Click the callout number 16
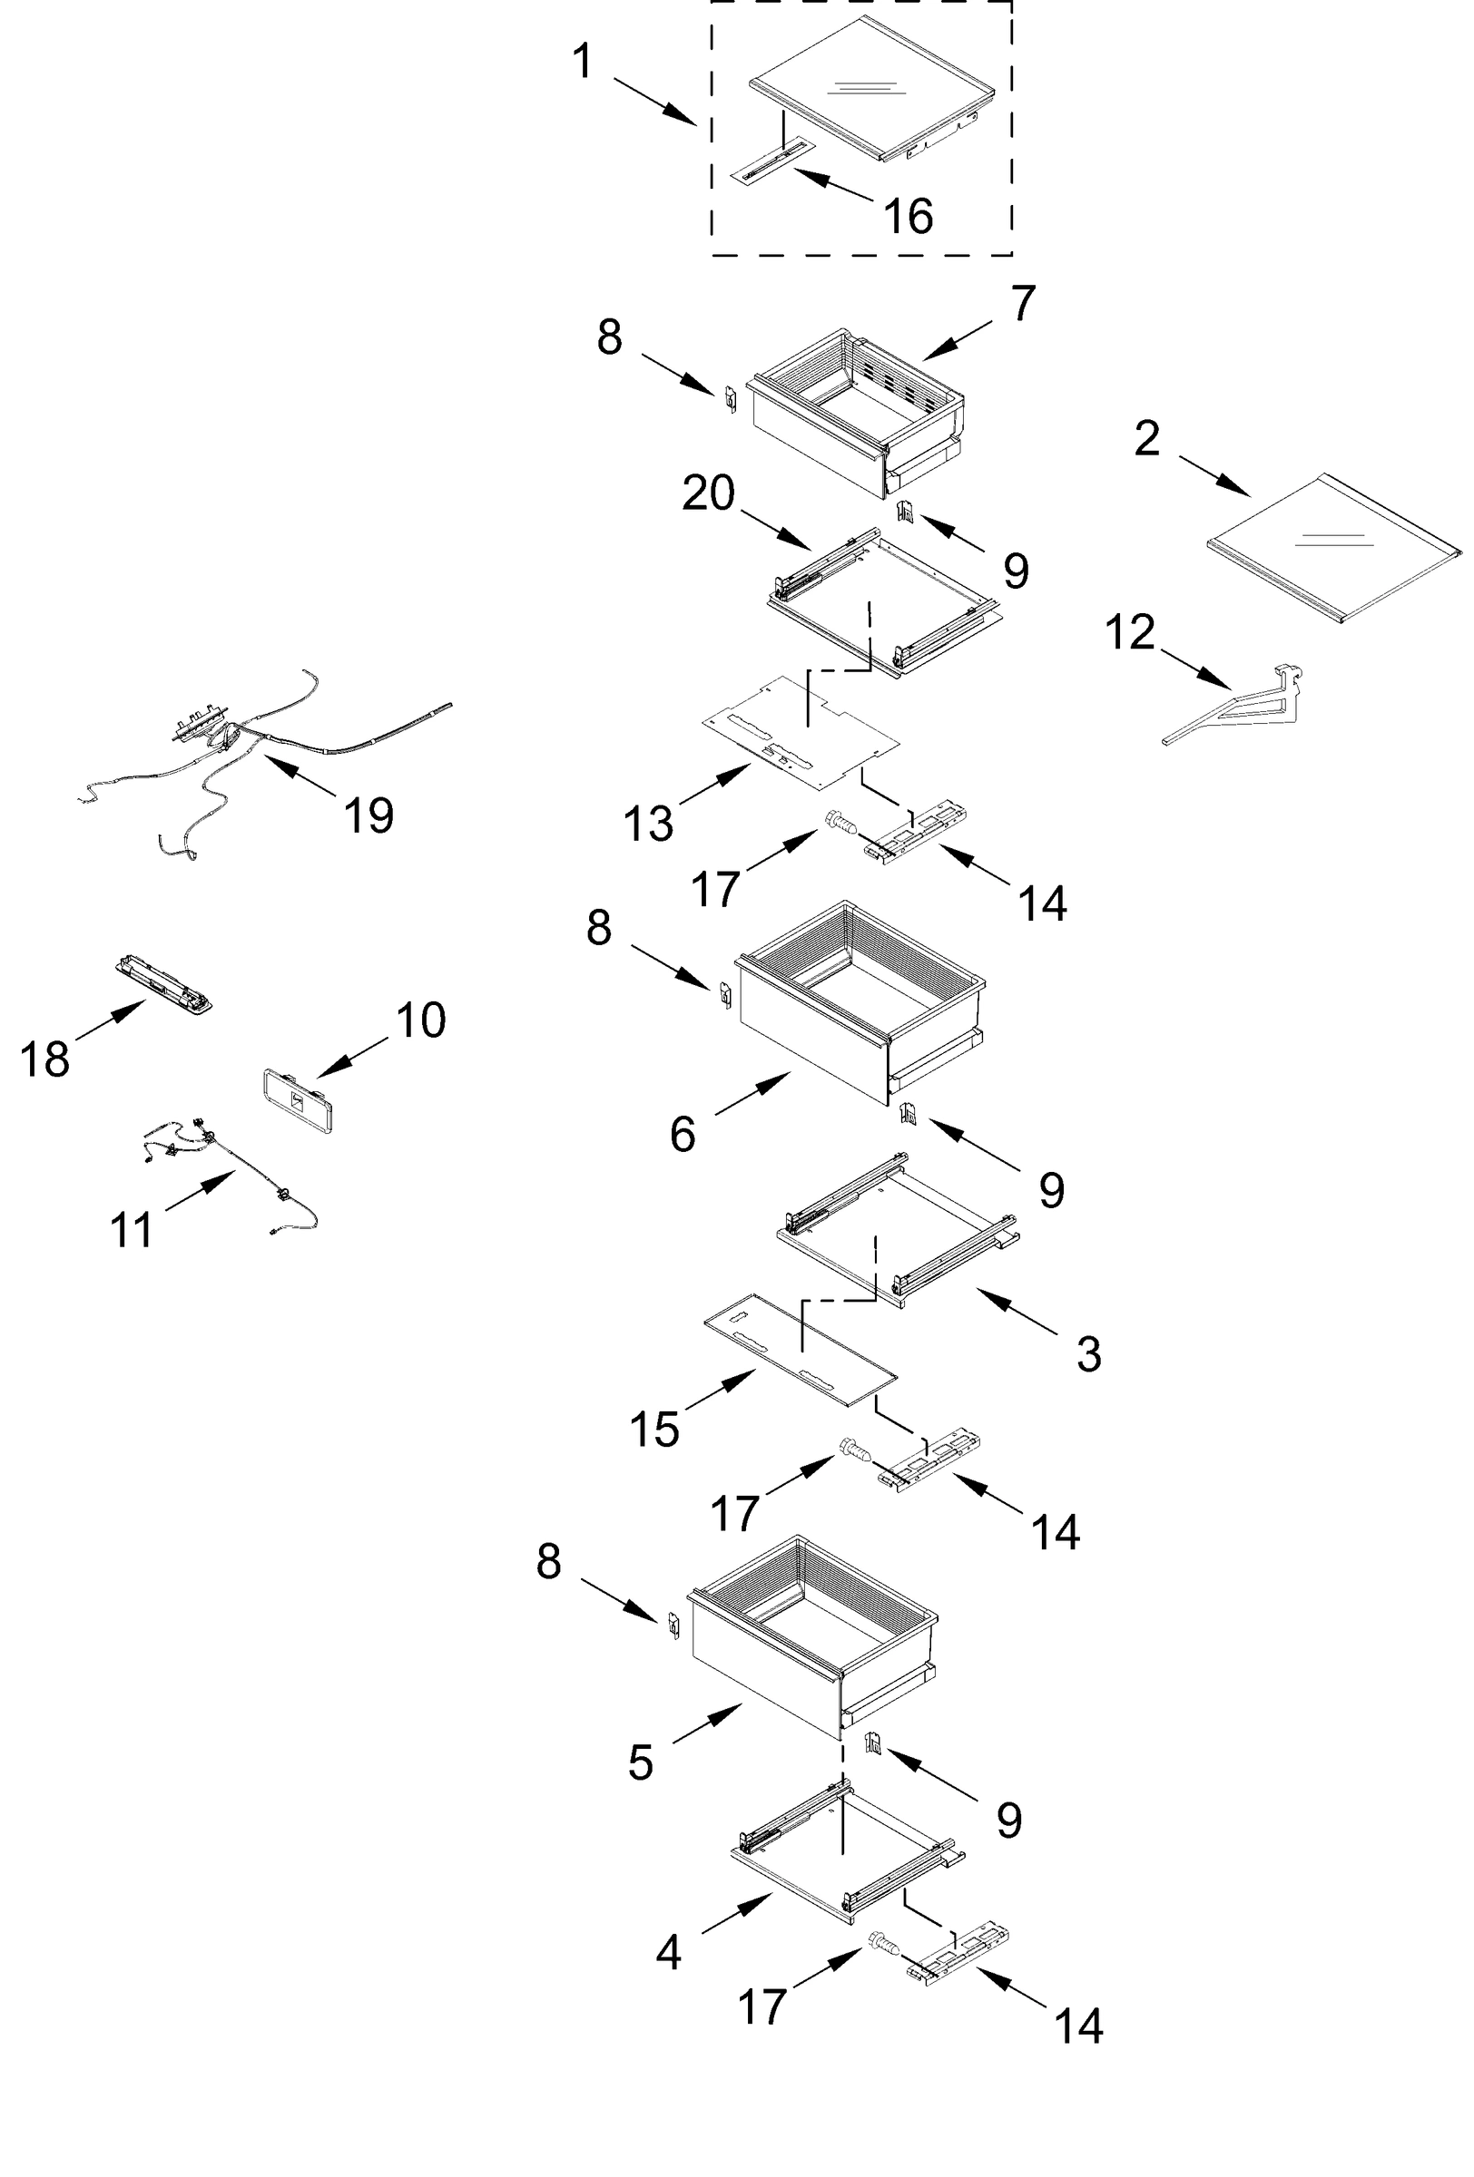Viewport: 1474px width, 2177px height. coord(907,217)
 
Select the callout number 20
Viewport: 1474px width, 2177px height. coord(707,493)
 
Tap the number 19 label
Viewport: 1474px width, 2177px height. coord(368,815)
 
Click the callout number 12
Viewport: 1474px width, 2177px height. coord(1129,633)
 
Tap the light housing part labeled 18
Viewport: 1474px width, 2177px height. coord(165,982)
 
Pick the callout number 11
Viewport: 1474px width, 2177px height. coord(132,1231)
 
